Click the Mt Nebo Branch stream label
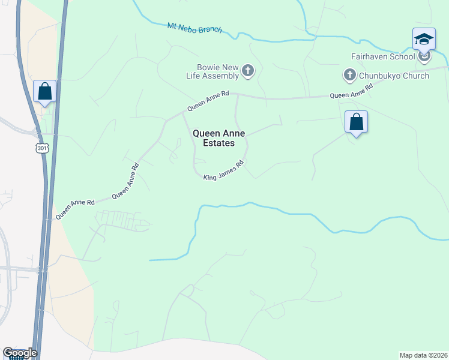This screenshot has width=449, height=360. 194,28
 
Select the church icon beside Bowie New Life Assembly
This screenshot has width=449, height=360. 247,72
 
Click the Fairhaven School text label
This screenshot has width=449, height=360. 384,57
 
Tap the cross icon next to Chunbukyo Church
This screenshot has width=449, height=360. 349,76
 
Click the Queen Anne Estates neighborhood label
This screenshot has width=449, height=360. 218,138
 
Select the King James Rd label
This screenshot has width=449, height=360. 223,172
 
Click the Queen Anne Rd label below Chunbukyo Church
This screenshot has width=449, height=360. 351,91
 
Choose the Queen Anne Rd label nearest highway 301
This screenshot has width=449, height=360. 76,208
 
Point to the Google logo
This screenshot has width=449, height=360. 20,353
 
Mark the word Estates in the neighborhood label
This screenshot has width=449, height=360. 218,143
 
